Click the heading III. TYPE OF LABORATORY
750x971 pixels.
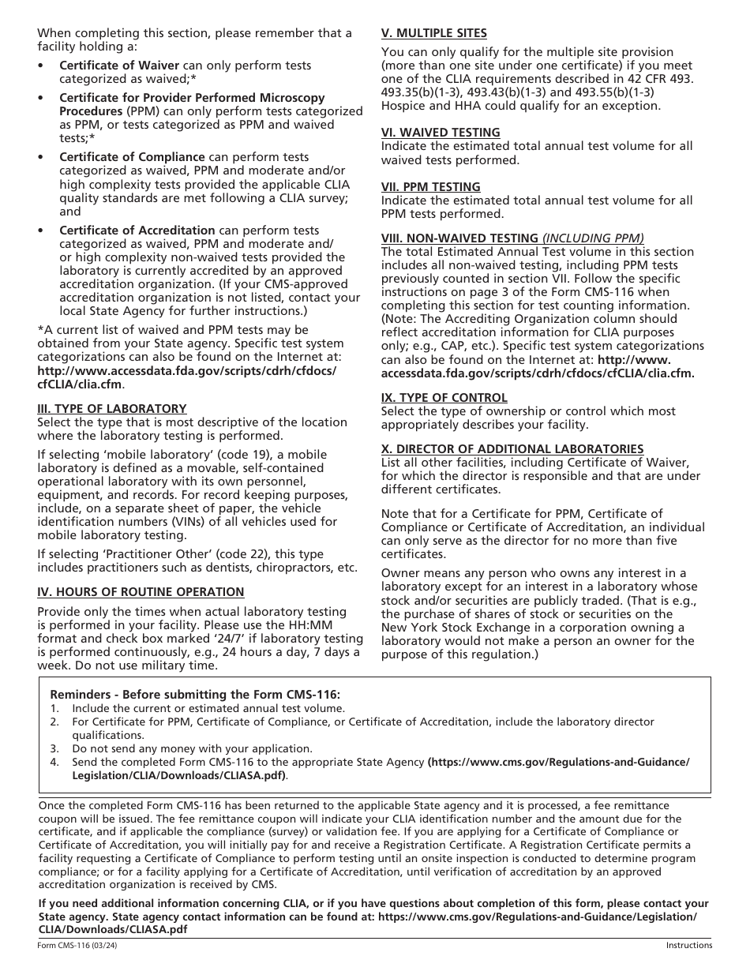click(112, 409)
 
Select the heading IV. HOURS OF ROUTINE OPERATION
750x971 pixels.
click(141, 592)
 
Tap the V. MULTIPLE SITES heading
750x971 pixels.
click(434, 33)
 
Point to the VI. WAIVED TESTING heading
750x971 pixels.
click(441, 133)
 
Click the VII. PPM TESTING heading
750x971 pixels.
click(431, 187)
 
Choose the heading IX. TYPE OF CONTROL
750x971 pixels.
click(444, 398)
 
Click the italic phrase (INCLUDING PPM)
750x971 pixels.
click(593, 238)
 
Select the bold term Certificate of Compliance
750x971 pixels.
click(132, 157)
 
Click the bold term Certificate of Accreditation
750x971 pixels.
click(137, 231)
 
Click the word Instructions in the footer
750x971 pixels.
click(688, 946)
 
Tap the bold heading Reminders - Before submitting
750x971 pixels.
click(195, 695)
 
